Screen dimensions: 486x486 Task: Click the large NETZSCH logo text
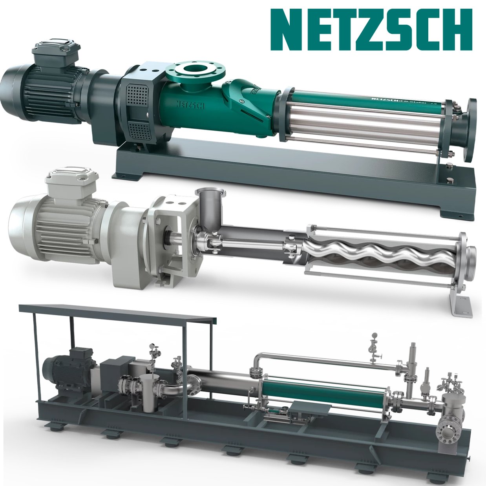coord(371,30)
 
